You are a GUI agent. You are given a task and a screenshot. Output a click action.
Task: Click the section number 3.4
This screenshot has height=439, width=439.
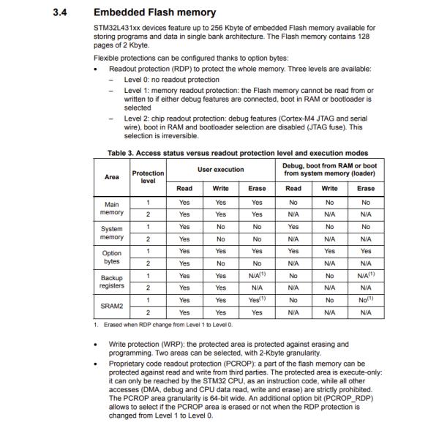61,12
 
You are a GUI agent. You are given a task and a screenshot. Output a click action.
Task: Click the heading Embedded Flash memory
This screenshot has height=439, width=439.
154,12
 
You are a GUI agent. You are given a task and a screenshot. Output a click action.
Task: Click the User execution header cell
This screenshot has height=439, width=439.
221,169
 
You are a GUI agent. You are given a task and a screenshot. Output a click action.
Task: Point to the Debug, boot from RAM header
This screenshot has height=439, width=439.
330,169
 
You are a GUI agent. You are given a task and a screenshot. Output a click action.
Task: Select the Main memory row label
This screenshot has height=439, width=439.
112,209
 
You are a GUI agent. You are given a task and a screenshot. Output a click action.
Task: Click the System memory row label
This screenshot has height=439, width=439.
112,233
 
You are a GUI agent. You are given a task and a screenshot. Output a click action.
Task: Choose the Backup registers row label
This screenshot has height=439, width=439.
112,282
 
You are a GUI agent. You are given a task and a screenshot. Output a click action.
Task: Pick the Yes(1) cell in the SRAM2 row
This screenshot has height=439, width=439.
257,299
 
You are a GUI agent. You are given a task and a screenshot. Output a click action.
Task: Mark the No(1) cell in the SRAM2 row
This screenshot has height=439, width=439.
366,299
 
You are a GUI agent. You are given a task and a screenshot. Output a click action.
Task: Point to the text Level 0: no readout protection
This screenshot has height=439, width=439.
171,80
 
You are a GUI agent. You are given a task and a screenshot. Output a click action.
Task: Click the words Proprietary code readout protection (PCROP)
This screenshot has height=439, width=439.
190,361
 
